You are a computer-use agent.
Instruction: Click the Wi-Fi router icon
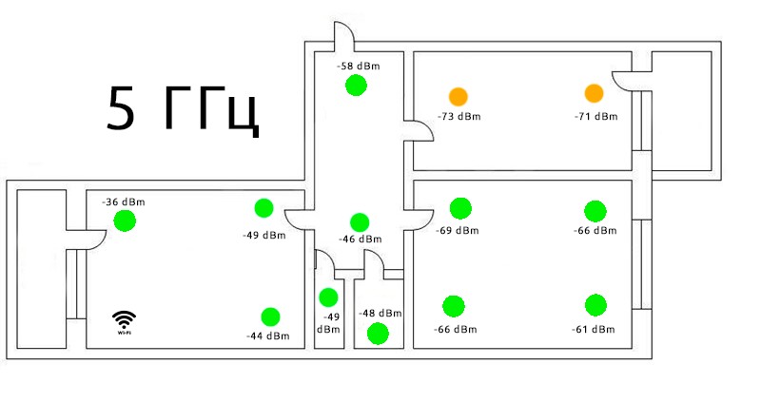(x=124, y=322)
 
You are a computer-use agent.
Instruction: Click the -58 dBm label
(x=356, y=67)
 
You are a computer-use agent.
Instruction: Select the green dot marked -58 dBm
(x=356, y=86)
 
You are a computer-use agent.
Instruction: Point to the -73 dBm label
(x=459, y=117)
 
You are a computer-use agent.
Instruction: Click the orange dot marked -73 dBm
(x=459, y=96)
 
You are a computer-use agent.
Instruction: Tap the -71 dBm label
(x=595, y=117)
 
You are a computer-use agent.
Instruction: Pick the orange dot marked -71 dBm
(x=595, y=93)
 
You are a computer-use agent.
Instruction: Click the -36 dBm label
(x=124, y=201)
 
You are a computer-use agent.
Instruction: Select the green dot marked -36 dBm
(x=125, y=221)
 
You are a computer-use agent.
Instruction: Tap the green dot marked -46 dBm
(x=359, y=222)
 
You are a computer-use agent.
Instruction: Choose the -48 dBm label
(x=380, y=313)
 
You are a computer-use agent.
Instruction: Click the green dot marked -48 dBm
(x=378, y=333)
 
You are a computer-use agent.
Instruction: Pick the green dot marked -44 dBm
(x=270, y=317)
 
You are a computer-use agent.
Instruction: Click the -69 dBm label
(x=458, y=231)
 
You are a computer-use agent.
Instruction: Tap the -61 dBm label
(x=594, y=329)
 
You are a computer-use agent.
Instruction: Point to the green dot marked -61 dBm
(x=595, y=305)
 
